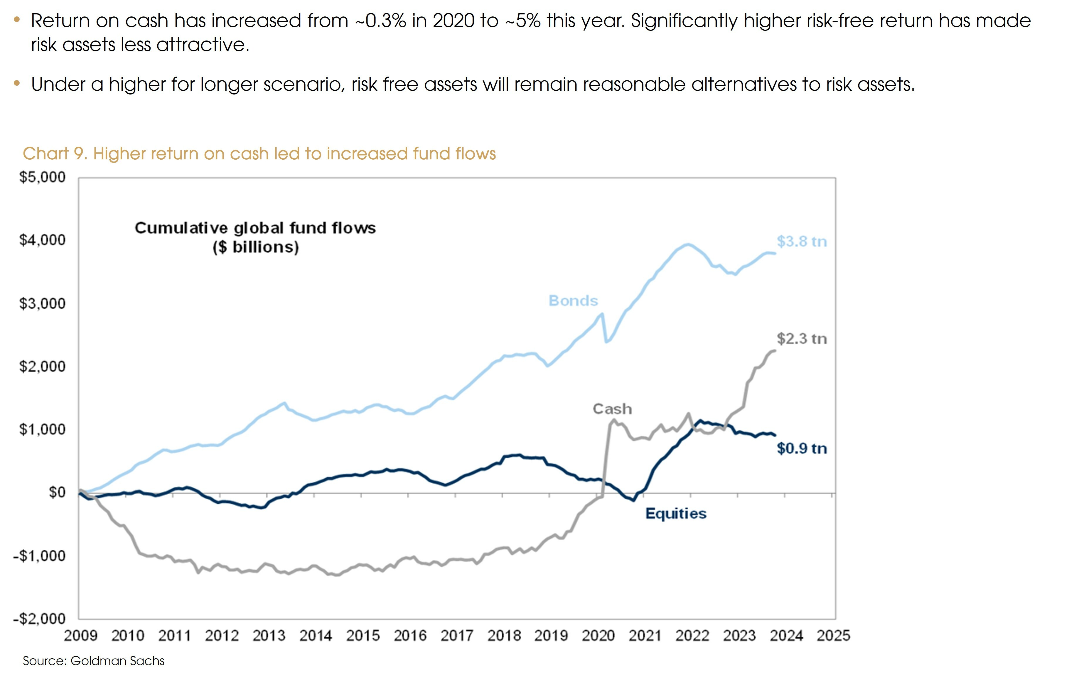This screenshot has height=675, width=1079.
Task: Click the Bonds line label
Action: (x=573, y=301)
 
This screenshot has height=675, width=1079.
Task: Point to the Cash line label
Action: (x=612, y=409)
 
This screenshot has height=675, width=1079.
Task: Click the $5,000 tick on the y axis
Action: (x=42, y=177)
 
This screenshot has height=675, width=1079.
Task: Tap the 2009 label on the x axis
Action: (x=80, y=636)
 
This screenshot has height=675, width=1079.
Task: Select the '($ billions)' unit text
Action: (x=255, y=247)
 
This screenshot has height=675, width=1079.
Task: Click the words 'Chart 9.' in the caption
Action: (x=55, y=153)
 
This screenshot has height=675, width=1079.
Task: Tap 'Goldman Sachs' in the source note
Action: (x=117, y=661)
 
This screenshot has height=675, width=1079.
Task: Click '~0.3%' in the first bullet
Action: (x=380, y=21)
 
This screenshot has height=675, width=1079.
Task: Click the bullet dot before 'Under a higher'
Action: (x=17, y=83)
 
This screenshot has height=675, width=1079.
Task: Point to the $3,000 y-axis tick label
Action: (x=42, y=303)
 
